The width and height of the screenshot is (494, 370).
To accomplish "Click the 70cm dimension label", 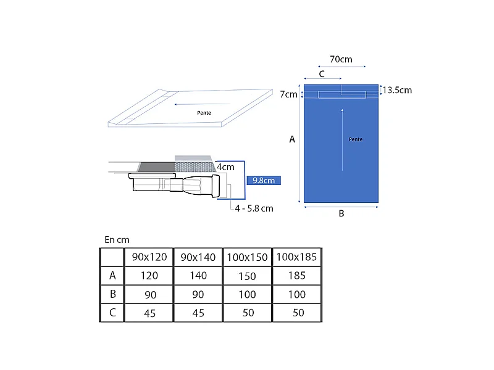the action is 341,59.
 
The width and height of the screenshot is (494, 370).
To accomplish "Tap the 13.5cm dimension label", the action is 397,90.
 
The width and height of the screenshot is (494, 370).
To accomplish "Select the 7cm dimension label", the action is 288,94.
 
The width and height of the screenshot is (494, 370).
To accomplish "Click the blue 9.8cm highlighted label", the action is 264,181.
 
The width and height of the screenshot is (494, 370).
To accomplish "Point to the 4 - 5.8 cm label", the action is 254,208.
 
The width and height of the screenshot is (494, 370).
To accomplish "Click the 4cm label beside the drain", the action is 225,167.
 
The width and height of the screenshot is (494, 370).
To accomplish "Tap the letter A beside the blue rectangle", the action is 292,139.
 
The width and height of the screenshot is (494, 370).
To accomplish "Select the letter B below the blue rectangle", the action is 341,213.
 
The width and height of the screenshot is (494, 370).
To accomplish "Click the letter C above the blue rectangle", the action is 322,74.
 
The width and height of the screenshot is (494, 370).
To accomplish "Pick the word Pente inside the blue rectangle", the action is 356,139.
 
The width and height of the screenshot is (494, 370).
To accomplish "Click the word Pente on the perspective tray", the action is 204,113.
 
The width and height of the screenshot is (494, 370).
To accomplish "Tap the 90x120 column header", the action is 149,257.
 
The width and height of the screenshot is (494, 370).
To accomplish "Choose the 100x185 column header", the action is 296,257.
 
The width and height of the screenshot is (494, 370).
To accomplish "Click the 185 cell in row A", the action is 297,276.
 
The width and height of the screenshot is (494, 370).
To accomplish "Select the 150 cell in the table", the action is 248,276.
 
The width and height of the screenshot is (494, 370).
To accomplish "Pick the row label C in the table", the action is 112,313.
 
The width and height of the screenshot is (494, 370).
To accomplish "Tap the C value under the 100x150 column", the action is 248,313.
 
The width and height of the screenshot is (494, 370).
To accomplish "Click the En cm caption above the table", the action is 117,240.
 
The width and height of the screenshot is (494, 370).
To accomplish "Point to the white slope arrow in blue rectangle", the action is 343,140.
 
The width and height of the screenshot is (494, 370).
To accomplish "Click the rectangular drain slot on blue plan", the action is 342,95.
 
